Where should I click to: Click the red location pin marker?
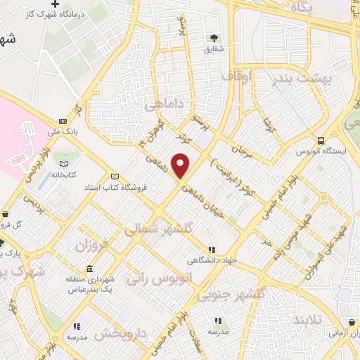point(181,166)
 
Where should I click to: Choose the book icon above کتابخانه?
point(67,162)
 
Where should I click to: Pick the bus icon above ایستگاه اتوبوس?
point(321,141)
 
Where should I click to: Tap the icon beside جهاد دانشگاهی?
point(212,250)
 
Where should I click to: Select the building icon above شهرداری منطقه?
point(89,269)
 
